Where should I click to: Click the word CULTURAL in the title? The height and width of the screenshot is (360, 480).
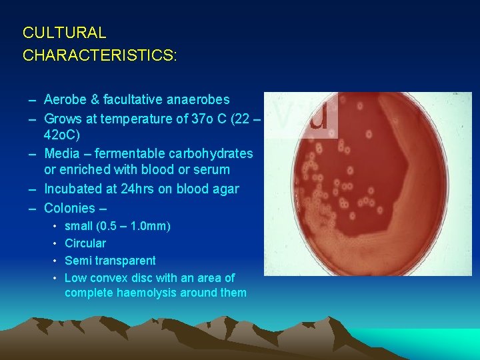(64, 32)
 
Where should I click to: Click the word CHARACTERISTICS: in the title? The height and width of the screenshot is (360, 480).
(100, 55)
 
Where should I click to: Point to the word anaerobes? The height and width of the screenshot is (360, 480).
(197, 100)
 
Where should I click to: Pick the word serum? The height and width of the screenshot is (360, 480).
(213, 171)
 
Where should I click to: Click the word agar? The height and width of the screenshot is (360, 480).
(225, 189)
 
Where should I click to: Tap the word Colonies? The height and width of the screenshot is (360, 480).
(71, 208)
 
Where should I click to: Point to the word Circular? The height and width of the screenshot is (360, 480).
(85, 243)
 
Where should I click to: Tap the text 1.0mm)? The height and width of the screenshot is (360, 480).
(152, 226)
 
